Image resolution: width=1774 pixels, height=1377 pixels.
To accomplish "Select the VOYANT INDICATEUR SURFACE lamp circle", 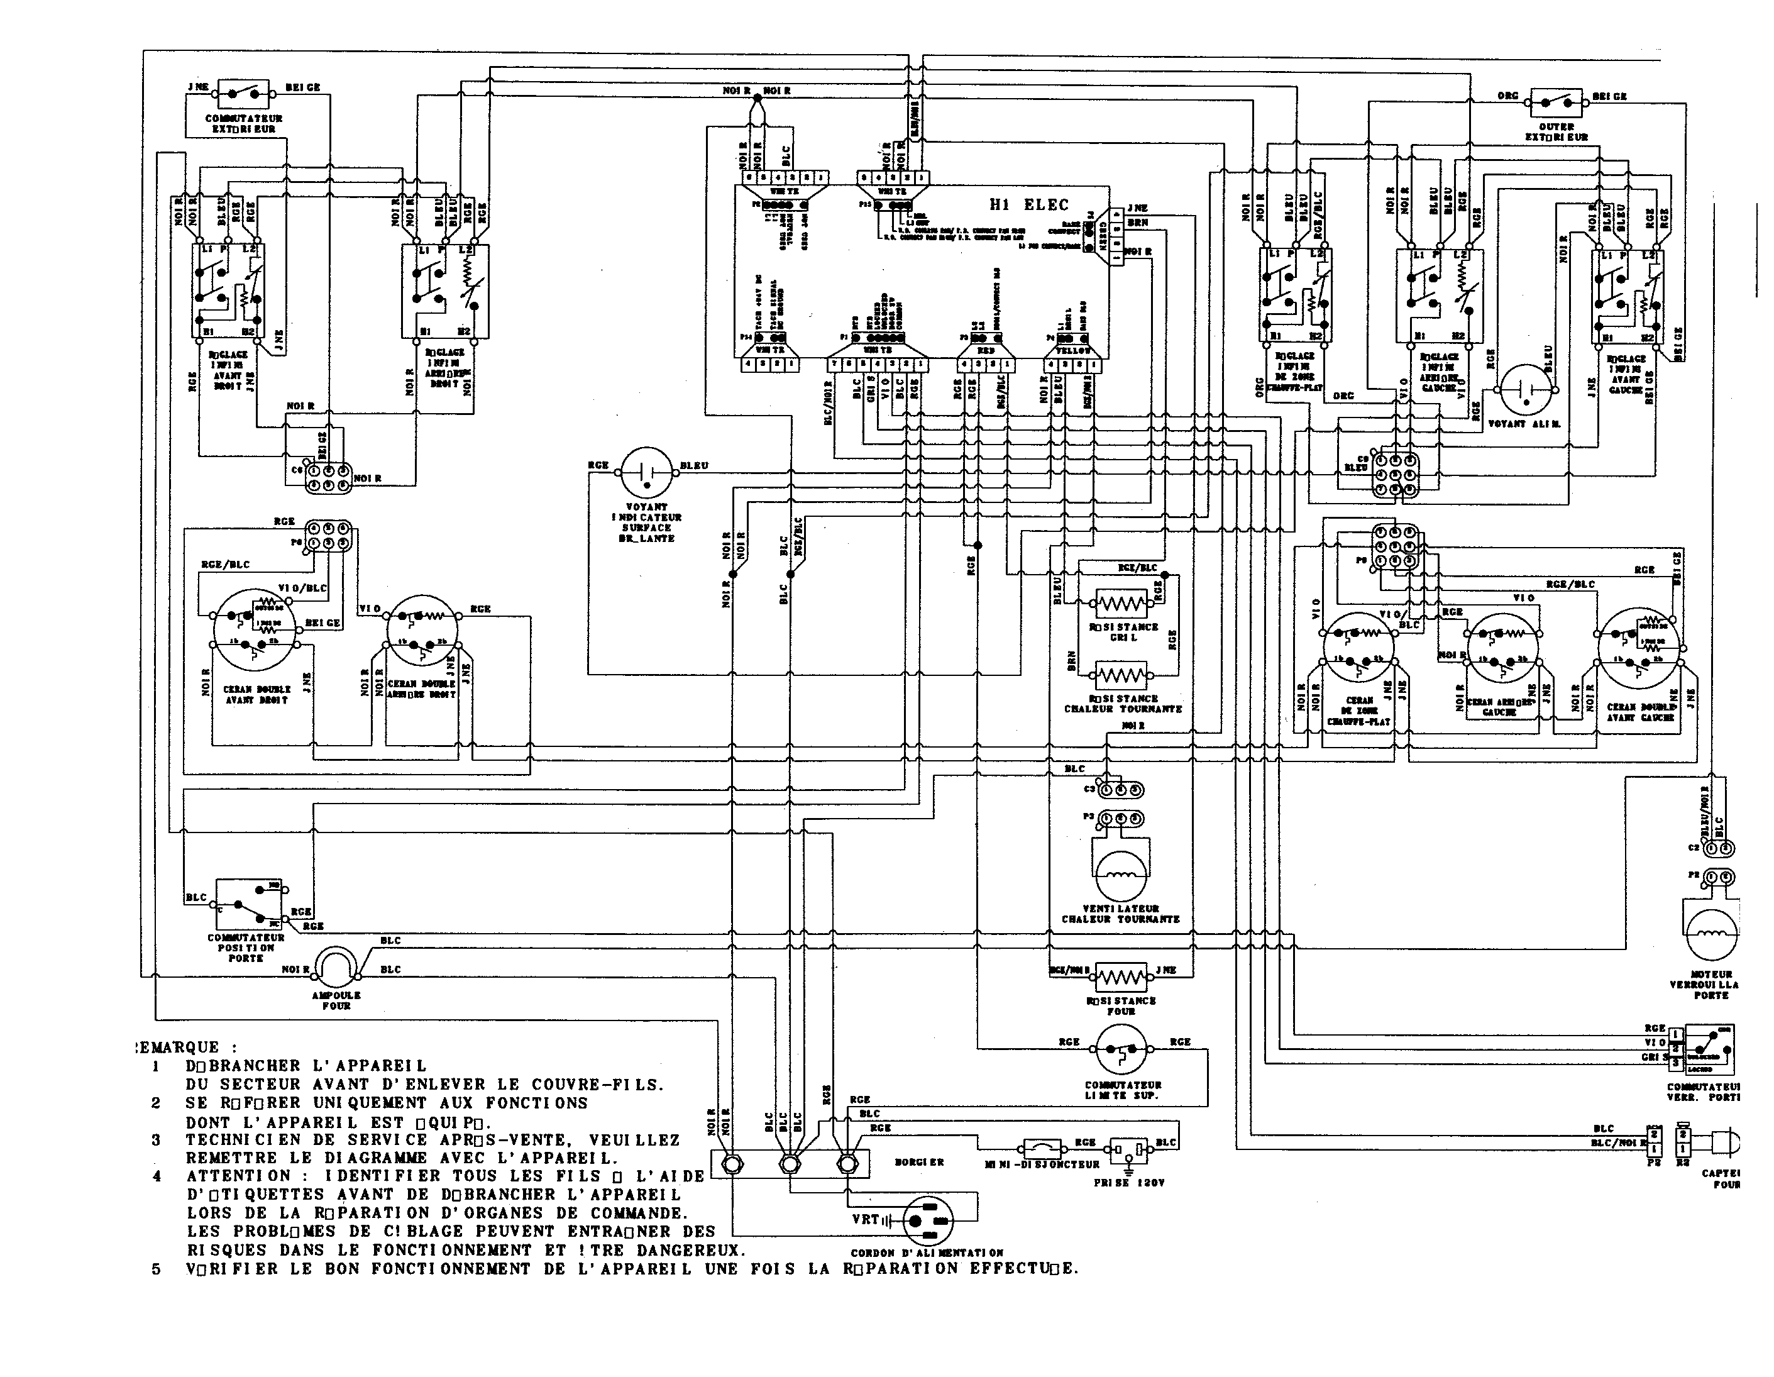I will [647, 471].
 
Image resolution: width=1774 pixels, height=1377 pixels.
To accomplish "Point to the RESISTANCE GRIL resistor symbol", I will [1121, 604].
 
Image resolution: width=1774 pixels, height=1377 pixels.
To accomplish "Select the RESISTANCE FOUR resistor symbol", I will [1121, 976].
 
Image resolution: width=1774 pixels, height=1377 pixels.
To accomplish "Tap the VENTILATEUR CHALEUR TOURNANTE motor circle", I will [1121, 875].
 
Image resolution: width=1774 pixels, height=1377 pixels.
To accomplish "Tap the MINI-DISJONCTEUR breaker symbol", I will [1042, 1147].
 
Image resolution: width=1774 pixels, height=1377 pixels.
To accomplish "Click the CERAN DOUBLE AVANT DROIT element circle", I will [256, 629].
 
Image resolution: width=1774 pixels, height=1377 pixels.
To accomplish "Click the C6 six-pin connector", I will [328, 476].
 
